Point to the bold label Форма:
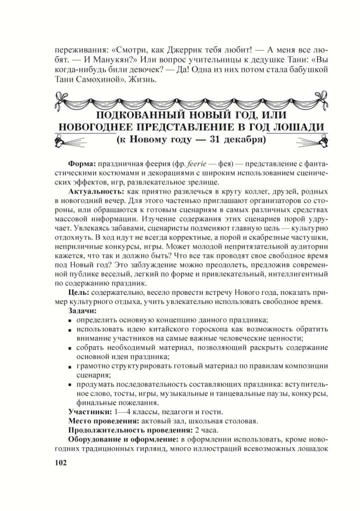(x=82, y=164)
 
